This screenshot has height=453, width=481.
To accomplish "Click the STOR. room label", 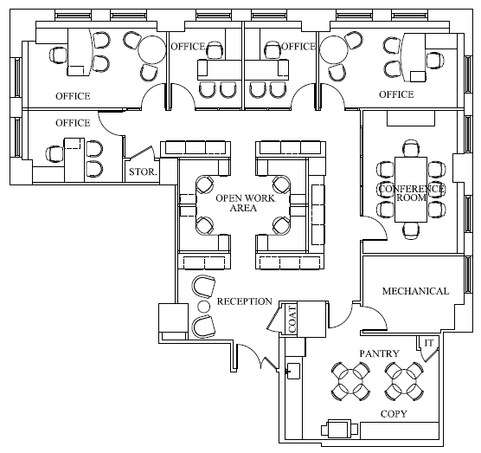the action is click(143, 171).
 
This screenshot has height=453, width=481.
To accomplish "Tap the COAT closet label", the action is click(292, 320).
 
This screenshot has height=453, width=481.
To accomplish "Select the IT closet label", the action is click(429, 343).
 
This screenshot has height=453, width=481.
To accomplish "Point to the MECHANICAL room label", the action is click(415, 291).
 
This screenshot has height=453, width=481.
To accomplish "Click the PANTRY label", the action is click(379, 353).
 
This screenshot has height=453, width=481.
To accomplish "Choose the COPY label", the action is click(394, 414).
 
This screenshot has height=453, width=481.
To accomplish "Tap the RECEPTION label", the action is click(245, 301).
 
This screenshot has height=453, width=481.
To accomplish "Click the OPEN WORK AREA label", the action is click(246, 203).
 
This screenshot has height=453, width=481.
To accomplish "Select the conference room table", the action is click(411, 190).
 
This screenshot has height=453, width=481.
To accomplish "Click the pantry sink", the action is click(293, 371).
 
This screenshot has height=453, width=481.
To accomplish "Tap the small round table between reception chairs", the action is click(203, 306).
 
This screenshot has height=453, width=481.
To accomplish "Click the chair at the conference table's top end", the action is click(411, 148).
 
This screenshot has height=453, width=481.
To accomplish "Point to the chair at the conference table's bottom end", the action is click(411, 230).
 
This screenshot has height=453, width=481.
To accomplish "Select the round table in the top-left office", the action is click(152, 50).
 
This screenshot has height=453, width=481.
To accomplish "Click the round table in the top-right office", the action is click(334, 50).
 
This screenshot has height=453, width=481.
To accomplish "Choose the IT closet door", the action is click(430, 355).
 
